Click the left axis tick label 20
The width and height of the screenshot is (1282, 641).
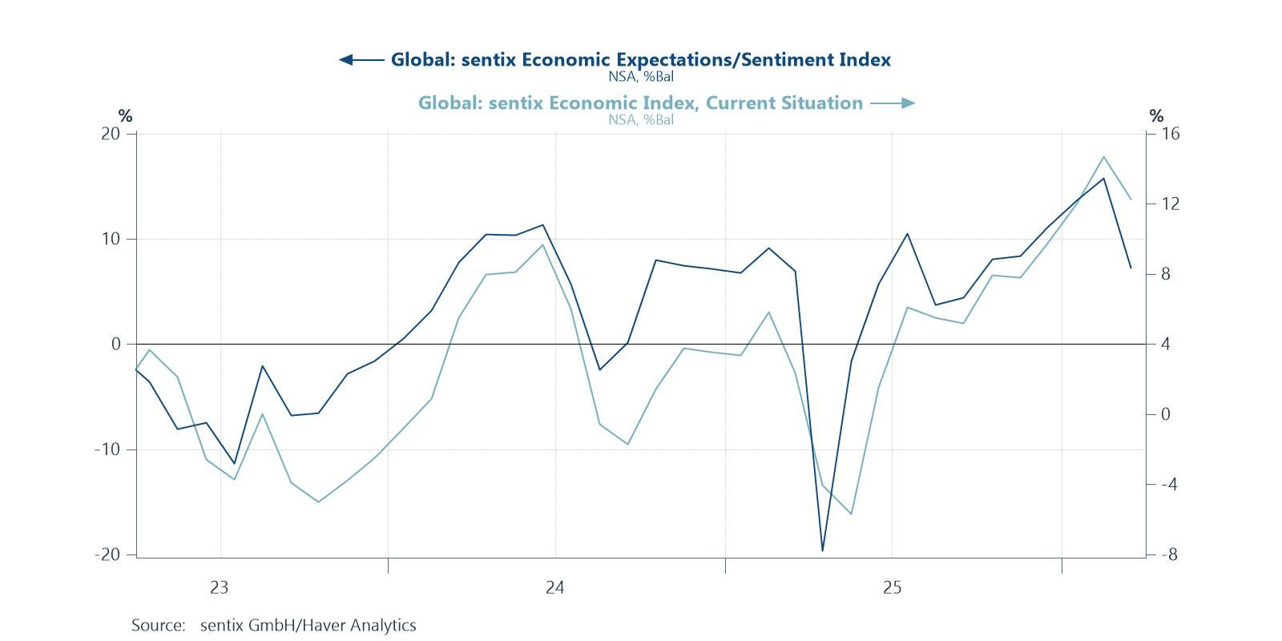111,134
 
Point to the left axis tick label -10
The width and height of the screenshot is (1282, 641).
107,450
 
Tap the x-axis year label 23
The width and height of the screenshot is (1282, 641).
220,588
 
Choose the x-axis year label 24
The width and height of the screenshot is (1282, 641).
555,588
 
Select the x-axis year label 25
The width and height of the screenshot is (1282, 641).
892,588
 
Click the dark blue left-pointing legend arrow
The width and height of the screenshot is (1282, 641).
361,60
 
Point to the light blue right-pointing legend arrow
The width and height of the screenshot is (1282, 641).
892,103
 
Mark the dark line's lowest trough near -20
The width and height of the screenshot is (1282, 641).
822,550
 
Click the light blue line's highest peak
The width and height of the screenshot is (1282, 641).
1103,157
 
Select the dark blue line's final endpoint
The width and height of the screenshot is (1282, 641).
1131,268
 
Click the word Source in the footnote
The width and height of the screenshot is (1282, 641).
157,625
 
